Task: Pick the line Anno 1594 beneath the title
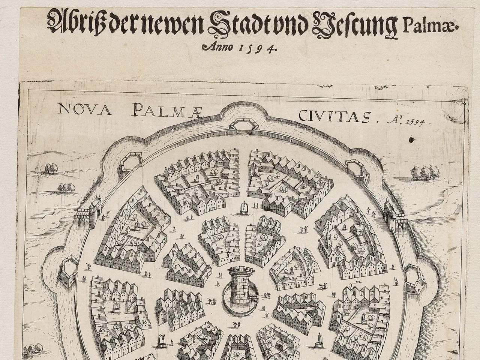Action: click(x=239, y=48)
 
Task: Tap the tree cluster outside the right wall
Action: click(x=426, y=172)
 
